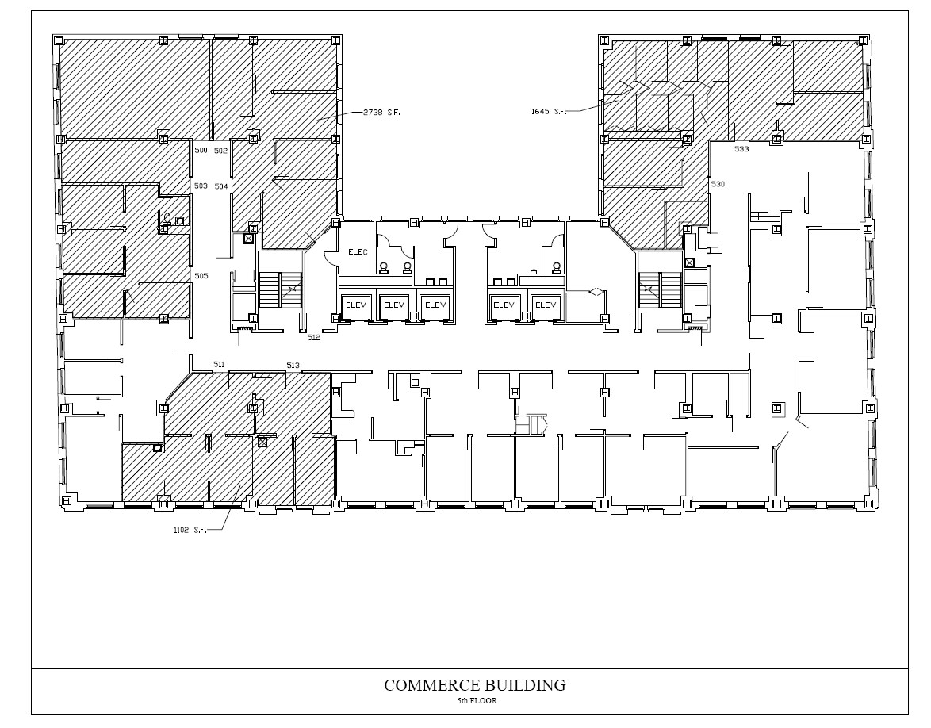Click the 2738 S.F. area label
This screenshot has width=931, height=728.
pyautogui.click(x=381, y=113)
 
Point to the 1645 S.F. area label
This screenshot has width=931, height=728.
pyautogui.click(x=549, y=111)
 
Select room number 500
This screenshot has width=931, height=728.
pyautogui.click(x=201, y=150)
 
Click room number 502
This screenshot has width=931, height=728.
pyautogui.click(x=220, y=150)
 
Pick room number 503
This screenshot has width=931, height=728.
pyautogui.click(x=201, y=186)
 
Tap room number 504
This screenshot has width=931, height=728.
pyautogui.click(x=220, y=186)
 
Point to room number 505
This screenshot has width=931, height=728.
pyautogui.click(x=201, y=275)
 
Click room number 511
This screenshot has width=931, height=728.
pyautogui.click(x=220, y=364)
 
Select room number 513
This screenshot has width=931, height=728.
pyautogui.click(x=293, y=365)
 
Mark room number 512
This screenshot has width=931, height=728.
pyautogui.click(x=314, y=337)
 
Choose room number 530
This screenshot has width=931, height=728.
pyautogui.click(x=718, y=184)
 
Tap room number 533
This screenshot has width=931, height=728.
pyautogui.click(x=741, y=149)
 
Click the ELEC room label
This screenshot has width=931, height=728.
pyautogui.click(x=358, y=252)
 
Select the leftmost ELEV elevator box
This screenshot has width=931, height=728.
pyautogui.click(x=353, y=305)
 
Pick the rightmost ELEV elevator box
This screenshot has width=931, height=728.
pyautogui.click(x=545, y=305)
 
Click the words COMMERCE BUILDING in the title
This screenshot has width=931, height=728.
pyautogui.click(x=474, y=685)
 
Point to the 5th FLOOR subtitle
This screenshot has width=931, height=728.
pyautogui.click(x=477, y=701)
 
